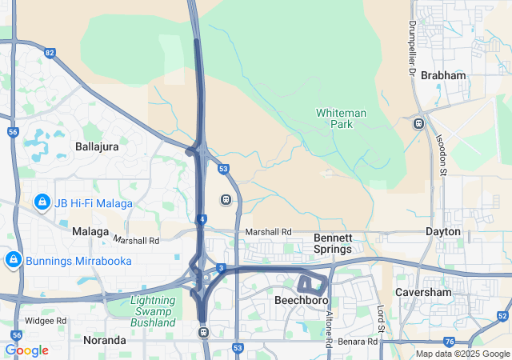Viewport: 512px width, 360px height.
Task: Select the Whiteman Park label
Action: click(341, 118)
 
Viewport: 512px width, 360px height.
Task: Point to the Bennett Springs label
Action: click(333, 244)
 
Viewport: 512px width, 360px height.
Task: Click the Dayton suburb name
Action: click(443, 231)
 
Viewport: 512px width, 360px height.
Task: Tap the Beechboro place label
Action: click(298, 301)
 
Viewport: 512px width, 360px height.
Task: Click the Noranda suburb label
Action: click(105, 340)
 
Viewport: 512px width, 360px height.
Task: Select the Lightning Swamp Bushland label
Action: click(152, 311)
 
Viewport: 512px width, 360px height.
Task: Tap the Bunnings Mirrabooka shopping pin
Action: click(13, 260)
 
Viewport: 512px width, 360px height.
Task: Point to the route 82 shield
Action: click(50, 53)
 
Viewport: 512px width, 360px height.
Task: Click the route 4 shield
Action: click(203, 218)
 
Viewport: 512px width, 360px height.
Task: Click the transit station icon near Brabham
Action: click(418, 124)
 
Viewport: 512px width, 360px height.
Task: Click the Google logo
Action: click(26, 350)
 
